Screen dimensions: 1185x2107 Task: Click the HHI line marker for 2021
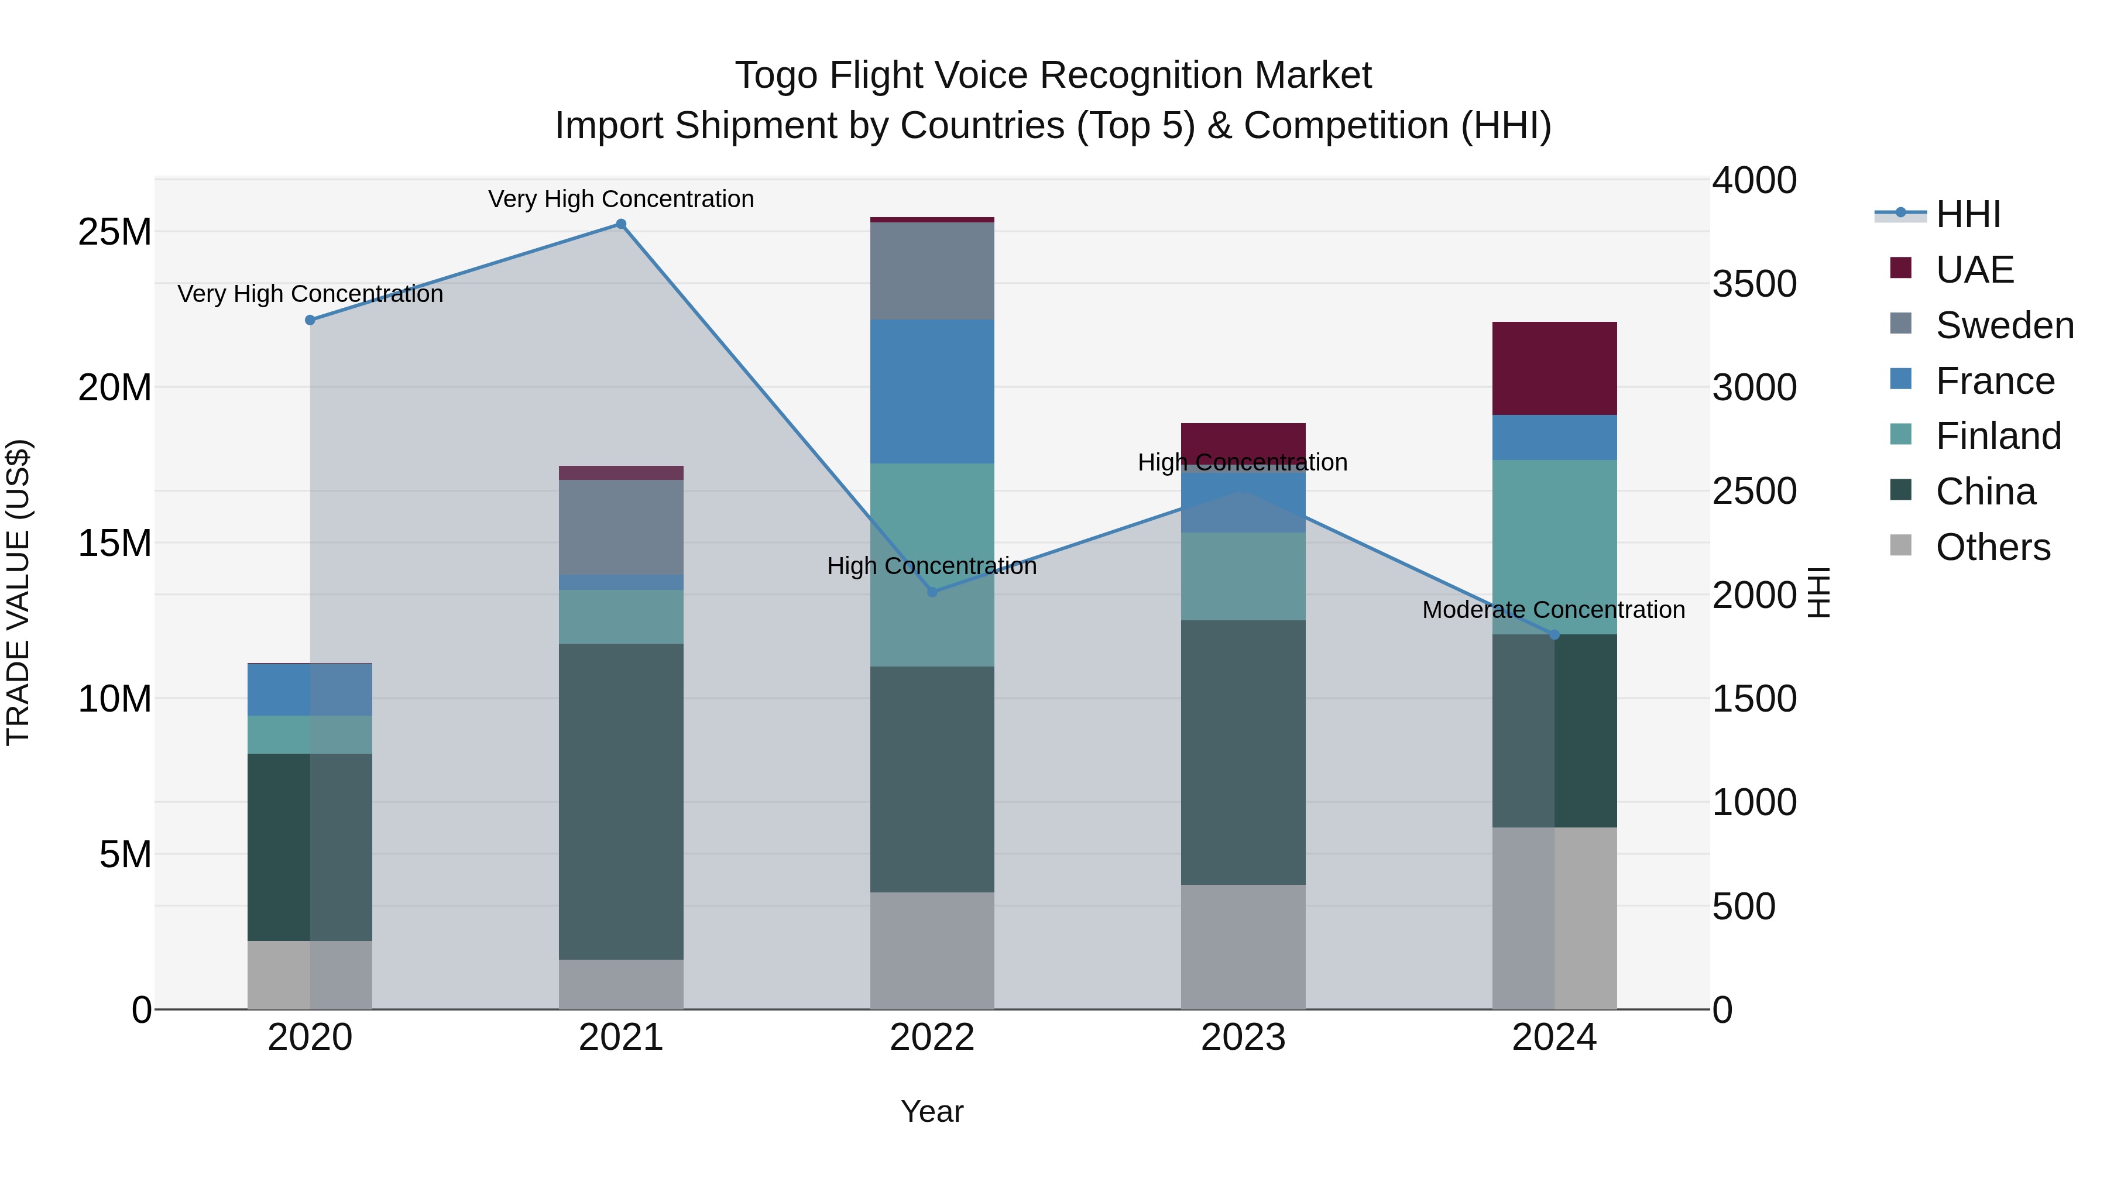(x=621, y=224)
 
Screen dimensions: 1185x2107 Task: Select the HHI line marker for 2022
(x=932, y=591)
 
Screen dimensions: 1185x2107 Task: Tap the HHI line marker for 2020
(x=310, y=320)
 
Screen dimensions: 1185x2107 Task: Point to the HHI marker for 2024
(x=1554, y=634)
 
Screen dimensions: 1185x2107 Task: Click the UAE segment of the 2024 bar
(x=1554, y=369)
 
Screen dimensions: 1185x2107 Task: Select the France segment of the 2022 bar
(x=932, y=391)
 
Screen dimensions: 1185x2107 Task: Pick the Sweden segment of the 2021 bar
(x=621, y=527)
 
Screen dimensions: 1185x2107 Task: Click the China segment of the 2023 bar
(x=1243, y=753)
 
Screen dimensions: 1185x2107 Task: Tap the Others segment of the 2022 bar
(x=932, y=950)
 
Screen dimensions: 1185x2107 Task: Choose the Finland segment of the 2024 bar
(x=1554, y=547)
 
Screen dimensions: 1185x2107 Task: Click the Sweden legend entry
(x=2004, y=325)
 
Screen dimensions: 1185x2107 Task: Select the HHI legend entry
(x=1967, y=214)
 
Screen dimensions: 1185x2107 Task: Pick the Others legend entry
(x=1992, y=547)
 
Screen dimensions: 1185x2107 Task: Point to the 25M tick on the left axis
(x=115, y=232)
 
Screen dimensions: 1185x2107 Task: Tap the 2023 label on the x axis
(x=1243, y=1038)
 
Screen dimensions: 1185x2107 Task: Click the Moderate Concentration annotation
(x=1553, y=610)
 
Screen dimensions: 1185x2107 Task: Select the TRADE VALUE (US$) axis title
(x=19, y=592)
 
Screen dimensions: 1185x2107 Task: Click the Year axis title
(x=932, y=1111)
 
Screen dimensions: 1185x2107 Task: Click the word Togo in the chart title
(x=775, y=75)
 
